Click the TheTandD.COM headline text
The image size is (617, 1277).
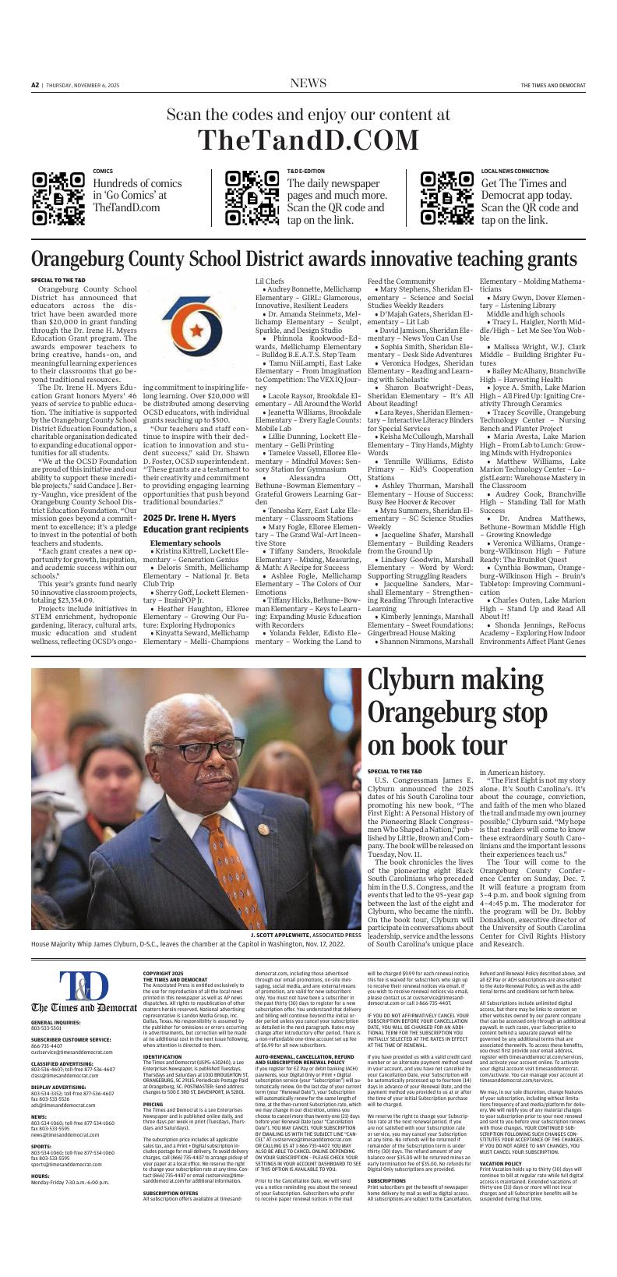tap(308, 140)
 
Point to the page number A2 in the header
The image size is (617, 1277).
tap(35, 85)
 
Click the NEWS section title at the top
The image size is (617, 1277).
tap(308, 83)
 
